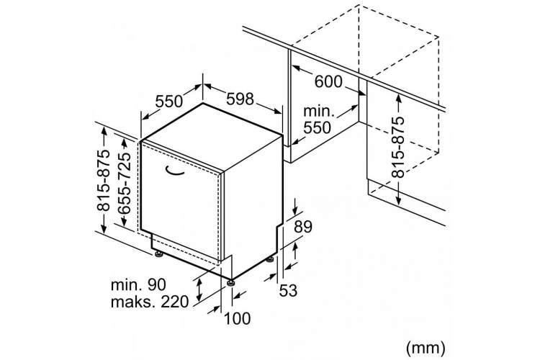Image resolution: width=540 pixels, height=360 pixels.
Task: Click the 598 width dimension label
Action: pyautogui.click(x=240, y=99)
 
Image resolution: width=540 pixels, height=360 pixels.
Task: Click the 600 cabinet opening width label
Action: pyautogui.click(x=328, y=82)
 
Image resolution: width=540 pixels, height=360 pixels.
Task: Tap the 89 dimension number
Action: pyautogui.click(x=303, y=227)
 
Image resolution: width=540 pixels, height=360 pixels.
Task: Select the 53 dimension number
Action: pyautogui.click(x=288, y=290)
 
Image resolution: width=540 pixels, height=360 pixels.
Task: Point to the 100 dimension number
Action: pyautogui.click(x=238, y=319)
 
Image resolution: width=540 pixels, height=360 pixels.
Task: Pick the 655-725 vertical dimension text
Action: pyautogui.click(x=124, y=184)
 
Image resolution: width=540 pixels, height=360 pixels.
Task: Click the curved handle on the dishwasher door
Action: pyautogui.click(x=175, y=171)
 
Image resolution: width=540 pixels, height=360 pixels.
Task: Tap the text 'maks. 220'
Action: pyautogui.click(x=150, y=302)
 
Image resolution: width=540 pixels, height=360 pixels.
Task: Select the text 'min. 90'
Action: pyautogui.click(x=138, y=285)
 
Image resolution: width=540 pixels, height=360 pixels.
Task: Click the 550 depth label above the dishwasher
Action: pyautogui.click(x=168, y=102)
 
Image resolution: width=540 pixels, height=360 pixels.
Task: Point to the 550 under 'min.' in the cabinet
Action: pyautogui.click(x=317, y=128)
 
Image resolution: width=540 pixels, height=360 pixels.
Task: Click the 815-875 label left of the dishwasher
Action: pyautogui.click(x=103, y=180)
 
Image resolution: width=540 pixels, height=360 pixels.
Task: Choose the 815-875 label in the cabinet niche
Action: pyautogui.click(x=398, y=147)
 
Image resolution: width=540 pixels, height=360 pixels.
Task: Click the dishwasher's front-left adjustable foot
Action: pyautogui.click(x=159, y=255)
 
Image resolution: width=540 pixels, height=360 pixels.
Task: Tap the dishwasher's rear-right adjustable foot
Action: pyautogui.click(x=271, y=258)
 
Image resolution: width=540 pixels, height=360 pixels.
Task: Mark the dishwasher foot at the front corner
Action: pyautogui.click(x=230, y=283)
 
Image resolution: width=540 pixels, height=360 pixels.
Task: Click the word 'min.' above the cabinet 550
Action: pyautogui.click(x=319, y=112)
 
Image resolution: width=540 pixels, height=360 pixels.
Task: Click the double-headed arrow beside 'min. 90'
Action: pyautogui.click(x=199, y=290)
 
